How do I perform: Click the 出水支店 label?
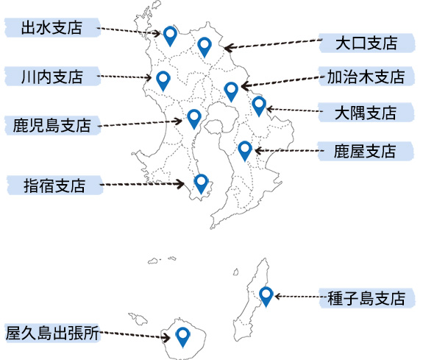point(51,27)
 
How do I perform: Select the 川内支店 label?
point(51,77)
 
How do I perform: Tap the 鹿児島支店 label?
point(51,125)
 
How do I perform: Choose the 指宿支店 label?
point(54,186)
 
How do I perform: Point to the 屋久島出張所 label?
point(52,333)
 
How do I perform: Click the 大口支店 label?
point(366,43)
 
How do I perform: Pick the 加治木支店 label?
point(366,77)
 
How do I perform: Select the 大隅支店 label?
point(366,113)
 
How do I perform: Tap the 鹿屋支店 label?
point(365,151)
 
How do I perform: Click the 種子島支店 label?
point(366,298)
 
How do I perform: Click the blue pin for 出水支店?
point(170,36)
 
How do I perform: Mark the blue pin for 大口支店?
point(205,47)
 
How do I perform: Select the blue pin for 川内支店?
point(163,81)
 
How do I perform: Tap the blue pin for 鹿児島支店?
point(194,119)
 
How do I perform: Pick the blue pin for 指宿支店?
point(202,184)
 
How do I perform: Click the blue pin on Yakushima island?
point(182,337)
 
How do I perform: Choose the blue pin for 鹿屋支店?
point(245,151)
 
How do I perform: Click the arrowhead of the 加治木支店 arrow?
point(245,86)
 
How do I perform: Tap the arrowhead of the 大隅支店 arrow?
point(269,109)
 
